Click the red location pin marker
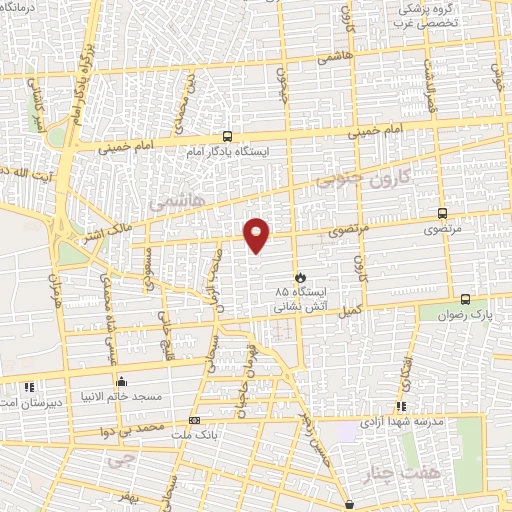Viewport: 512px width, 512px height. pos(258,235)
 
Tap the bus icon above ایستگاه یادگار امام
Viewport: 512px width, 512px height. pos(227,137)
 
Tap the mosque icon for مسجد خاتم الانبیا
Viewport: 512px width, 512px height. pos(121,381)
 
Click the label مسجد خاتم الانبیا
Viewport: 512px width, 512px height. pos(122,396)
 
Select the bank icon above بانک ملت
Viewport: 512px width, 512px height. pos(194,421)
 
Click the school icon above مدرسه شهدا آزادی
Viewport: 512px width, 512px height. pos(401,406)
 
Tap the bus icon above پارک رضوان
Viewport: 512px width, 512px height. pos(465,298)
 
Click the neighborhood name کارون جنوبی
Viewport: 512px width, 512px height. pos(357,178)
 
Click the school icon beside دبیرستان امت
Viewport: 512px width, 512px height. pos(28,386)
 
